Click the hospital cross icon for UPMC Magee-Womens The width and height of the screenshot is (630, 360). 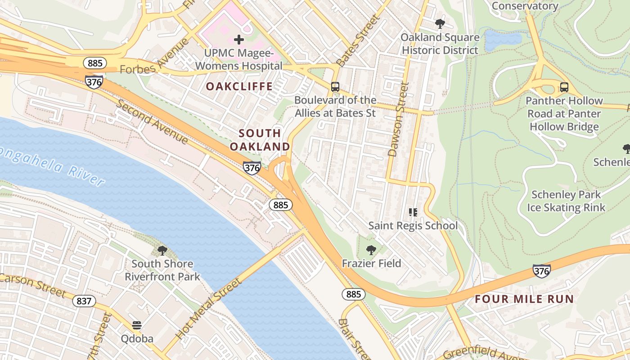(x=239, y=40)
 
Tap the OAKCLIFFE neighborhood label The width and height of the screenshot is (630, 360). (x=239, y=86)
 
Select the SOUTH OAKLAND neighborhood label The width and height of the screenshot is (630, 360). (x=260, y=140)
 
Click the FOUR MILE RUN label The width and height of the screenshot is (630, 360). (x=524, y=299)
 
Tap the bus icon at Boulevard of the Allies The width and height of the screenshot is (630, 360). (x=335, y=87)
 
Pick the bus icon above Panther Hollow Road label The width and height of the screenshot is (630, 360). (x=564, y=87)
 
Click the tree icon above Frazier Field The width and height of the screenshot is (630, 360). (x=371, y=250)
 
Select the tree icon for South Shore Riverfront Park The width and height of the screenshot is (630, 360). (x=162, y=251)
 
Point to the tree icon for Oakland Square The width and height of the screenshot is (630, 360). (x=440, y=24)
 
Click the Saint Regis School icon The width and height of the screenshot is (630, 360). (x=413, y=212)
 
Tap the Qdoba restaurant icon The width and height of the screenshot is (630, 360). (x=137, y=325)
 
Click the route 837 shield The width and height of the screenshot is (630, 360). (x=84, y=301)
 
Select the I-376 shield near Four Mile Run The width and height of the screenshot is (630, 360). (x=541, y=270)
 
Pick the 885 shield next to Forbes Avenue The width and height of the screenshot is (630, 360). (x=95, y=63)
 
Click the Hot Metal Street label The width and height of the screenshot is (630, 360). (x=208, y=309)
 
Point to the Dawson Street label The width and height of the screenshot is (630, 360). (x=398, y=119)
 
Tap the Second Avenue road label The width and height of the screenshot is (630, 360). (x=152, y=122)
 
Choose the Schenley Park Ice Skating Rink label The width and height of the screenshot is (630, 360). (x=566, y=201)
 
